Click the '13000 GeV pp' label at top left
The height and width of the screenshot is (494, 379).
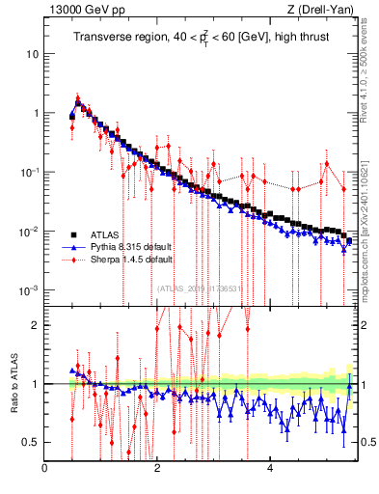point(81,10)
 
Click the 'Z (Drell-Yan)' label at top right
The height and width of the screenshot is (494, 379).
point(322,10)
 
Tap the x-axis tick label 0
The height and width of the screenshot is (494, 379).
point(45,469)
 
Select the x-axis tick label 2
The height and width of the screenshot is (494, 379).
point(157,469)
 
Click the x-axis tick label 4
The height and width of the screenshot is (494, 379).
point(270,469)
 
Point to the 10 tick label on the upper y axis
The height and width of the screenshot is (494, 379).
point(32,54)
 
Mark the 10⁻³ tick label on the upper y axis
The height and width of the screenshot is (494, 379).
point(29,290)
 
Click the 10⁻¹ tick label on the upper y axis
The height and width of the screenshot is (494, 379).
point(29,173)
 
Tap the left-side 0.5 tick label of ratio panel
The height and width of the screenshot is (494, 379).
point(31,443)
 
